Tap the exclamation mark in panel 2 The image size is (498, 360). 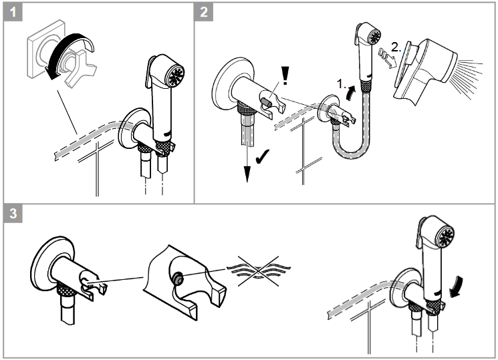(x=285, y=75)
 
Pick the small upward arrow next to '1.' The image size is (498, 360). (x=352, y=87)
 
